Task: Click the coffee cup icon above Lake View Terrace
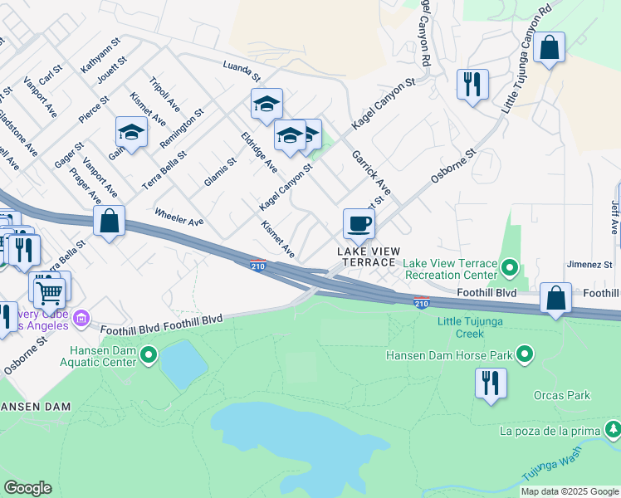[359, 223]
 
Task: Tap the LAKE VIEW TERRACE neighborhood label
[368, 256]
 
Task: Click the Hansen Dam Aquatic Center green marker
[149, 356]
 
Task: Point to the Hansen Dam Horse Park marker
[524, 355]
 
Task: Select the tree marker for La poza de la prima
[612, 429]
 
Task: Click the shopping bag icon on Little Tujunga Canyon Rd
[550, 47]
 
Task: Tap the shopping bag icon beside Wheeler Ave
[109, 222]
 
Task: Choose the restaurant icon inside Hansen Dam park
[491, 383]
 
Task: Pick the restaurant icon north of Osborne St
[472, 84]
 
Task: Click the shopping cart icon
[50, 290]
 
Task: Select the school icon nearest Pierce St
[131, 132]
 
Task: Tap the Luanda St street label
[241, 71]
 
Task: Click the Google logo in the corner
[27, 488]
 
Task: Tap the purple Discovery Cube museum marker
[81, 318]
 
